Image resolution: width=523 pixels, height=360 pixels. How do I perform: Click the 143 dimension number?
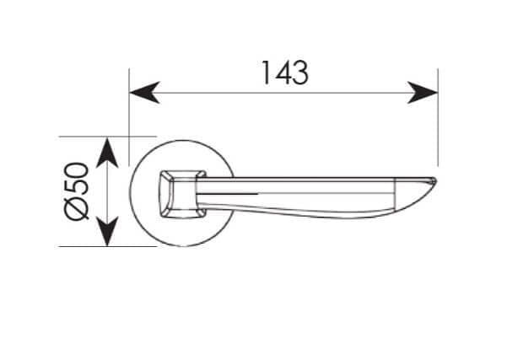click(285, 73)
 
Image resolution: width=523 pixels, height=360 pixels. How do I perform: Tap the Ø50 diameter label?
click(78, 191)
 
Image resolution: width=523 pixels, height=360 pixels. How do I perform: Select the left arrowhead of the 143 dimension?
click(144, 93)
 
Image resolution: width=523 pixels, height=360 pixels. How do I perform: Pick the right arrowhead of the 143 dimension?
click(423, 93)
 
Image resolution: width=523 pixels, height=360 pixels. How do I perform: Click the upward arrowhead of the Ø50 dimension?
click(107, 153)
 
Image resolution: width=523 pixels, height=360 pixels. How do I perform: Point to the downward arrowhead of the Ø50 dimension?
click(107, 231)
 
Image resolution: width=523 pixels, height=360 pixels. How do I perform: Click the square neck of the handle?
click(182, 195)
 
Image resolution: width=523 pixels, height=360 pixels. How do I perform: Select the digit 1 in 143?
click(266, 73)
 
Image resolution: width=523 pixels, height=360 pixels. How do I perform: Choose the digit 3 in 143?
click(300, 73)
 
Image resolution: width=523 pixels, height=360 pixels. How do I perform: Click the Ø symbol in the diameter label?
click(78, 209)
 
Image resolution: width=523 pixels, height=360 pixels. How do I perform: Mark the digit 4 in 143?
click(282, 73)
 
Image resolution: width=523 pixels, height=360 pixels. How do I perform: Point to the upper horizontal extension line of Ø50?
click(107, 137)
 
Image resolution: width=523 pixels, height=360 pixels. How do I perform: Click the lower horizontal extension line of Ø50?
click(107, 247)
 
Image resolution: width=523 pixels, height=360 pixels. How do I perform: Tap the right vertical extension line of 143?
click(438, 117)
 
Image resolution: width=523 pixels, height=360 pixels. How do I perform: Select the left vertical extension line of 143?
click(129, 117)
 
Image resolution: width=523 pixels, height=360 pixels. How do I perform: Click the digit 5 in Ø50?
click(78, 187)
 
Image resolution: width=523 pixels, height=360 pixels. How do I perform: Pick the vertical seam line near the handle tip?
click(395, 196)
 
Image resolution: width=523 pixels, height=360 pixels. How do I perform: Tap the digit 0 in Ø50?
click(78, 170)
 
